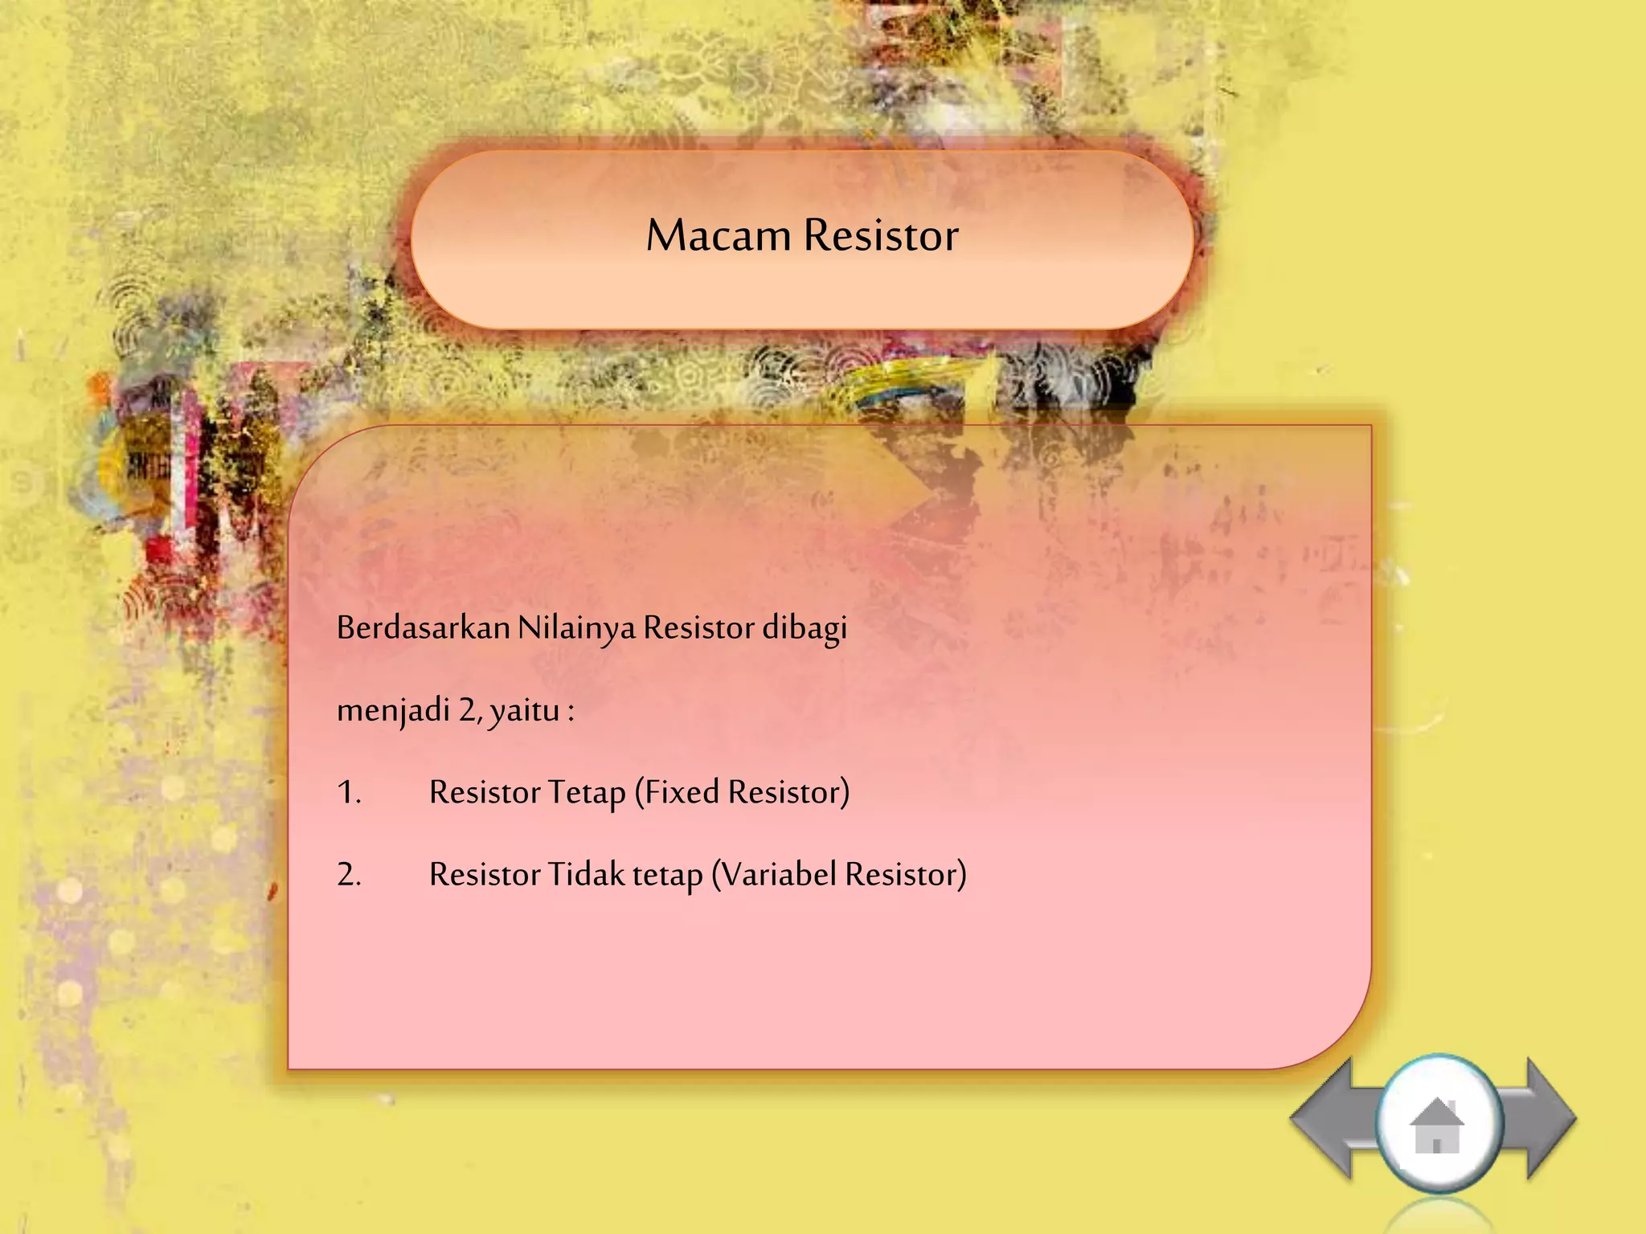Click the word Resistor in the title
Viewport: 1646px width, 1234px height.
pos(881,235)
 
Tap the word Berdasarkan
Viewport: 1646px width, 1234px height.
pos(423,627)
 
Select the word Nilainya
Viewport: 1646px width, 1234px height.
pos(576,627)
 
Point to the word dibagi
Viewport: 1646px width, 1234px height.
pos(805,627)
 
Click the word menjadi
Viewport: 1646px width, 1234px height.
pos(393,709)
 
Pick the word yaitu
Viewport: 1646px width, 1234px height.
pos(525,710)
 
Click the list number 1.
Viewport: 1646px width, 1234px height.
pos(349,792)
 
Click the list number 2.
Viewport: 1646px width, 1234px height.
pos(349,874)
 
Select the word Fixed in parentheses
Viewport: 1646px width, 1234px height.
pos(680,792)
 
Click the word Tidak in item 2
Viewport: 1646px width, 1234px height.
pos(586,874)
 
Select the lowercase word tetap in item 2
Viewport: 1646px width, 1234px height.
pos(667,875)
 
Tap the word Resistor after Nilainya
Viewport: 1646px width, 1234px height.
pos(698,627)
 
